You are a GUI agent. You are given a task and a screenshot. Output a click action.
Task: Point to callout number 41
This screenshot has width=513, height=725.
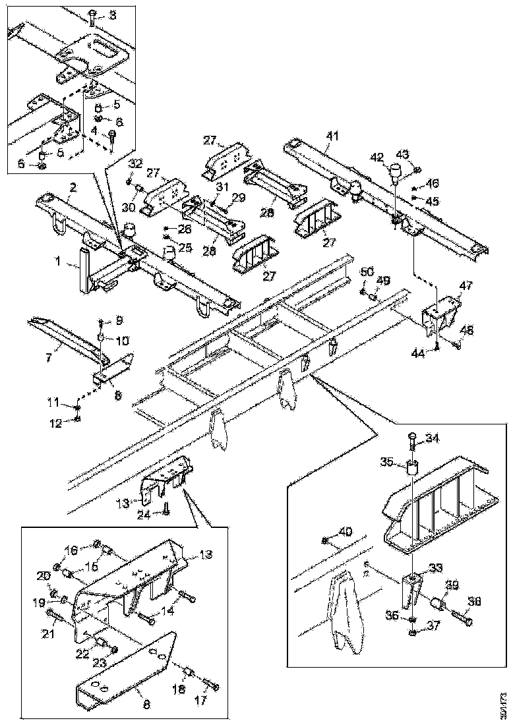point(332,136)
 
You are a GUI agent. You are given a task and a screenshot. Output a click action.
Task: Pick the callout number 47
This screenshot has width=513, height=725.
point(466,285)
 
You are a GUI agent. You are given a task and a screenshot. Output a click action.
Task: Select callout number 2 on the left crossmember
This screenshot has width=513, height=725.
point(74,187)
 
